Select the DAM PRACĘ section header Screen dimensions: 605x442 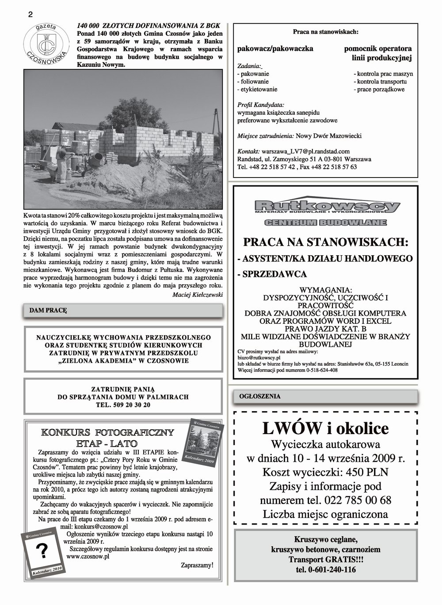48,310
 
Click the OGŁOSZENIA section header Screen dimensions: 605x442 259,396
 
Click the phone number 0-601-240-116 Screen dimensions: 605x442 326,570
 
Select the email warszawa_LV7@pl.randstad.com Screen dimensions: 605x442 305,151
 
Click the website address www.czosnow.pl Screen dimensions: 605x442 88,557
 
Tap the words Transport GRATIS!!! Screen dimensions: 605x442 326,560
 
